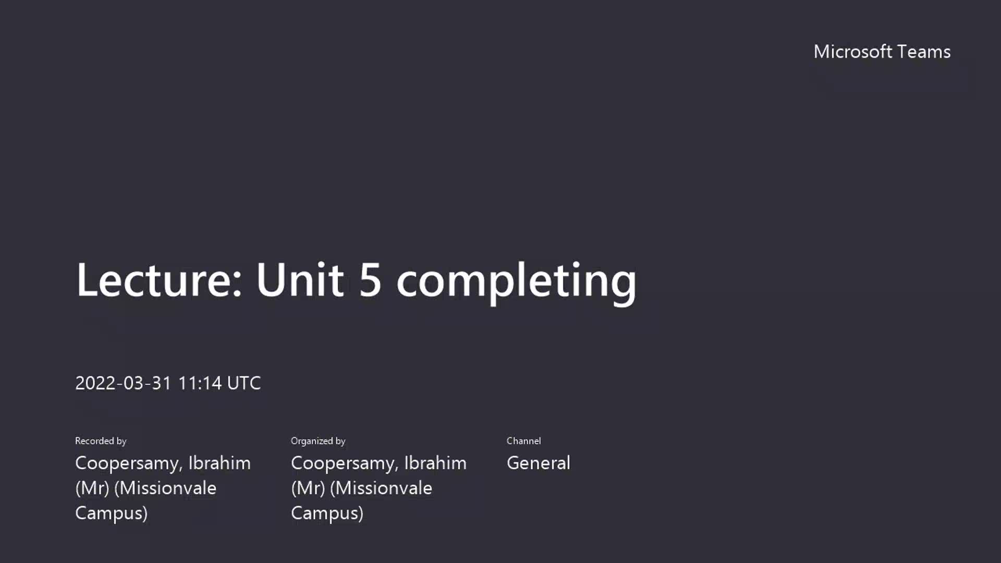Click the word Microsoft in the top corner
click(853, 52)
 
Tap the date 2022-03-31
click(124, 383)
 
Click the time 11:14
click(200, 383)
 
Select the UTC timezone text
click(244, 383)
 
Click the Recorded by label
click(101, 441)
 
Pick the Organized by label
click(318, 441)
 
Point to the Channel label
click(523, 441)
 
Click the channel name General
click(539, 463)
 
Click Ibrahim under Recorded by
click(219, 463)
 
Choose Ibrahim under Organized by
click(435, 463)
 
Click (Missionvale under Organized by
click(381, 488)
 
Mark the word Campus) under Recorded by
click(111, 513)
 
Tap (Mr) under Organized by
click(308, 488)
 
